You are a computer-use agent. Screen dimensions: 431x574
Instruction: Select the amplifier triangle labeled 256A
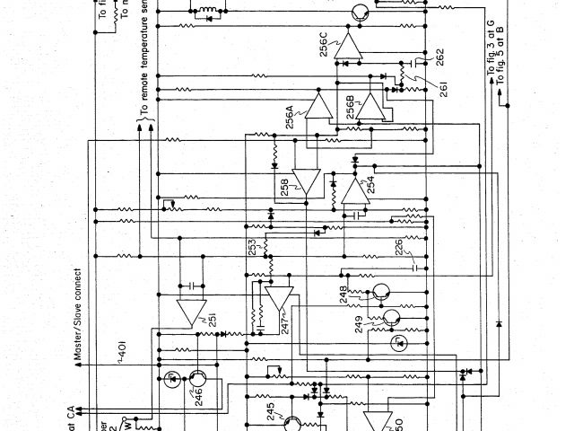318,106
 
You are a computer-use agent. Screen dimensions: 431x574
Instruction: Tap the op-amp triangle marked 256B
368,109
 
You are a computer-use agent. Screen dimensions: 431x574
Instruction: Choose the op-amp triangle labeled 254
353,189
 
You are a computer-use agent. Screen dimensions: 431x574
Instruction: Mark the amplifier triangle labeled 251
189,312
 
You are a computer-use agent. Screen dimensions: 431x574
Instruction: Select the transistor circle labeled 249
392,318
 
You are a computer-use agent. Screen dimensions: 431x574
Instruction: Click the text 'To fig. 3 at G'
490,45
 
